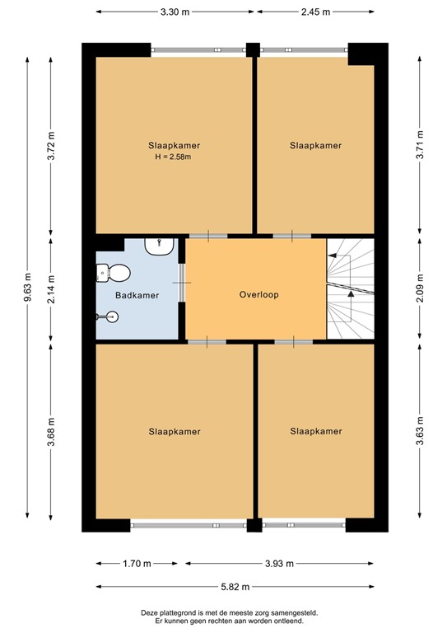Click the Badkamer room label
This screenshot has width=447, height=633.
[137, 294]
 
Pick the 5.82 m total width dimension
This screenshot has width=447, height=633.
[235, 587]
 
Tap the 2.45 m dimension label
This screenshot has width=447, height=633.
[314, 12]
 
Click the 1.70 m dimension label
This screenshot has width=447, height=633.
[136, 564]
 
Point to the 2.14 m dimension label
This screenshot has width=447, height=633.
[51, 288]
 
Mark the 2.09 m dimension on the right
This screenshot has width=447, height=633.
[420, 288]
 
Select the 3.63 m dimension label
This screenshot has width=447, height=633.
[420, 432]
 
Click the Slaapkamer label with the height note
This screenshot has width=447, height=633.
[175, 145]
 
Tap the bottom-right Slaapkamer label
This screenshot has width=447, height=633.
[316, 431]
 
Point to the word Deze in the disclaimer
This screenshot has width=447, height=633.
[151, 612]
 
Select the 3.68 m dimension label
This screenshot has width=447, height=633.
[51, 432]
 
